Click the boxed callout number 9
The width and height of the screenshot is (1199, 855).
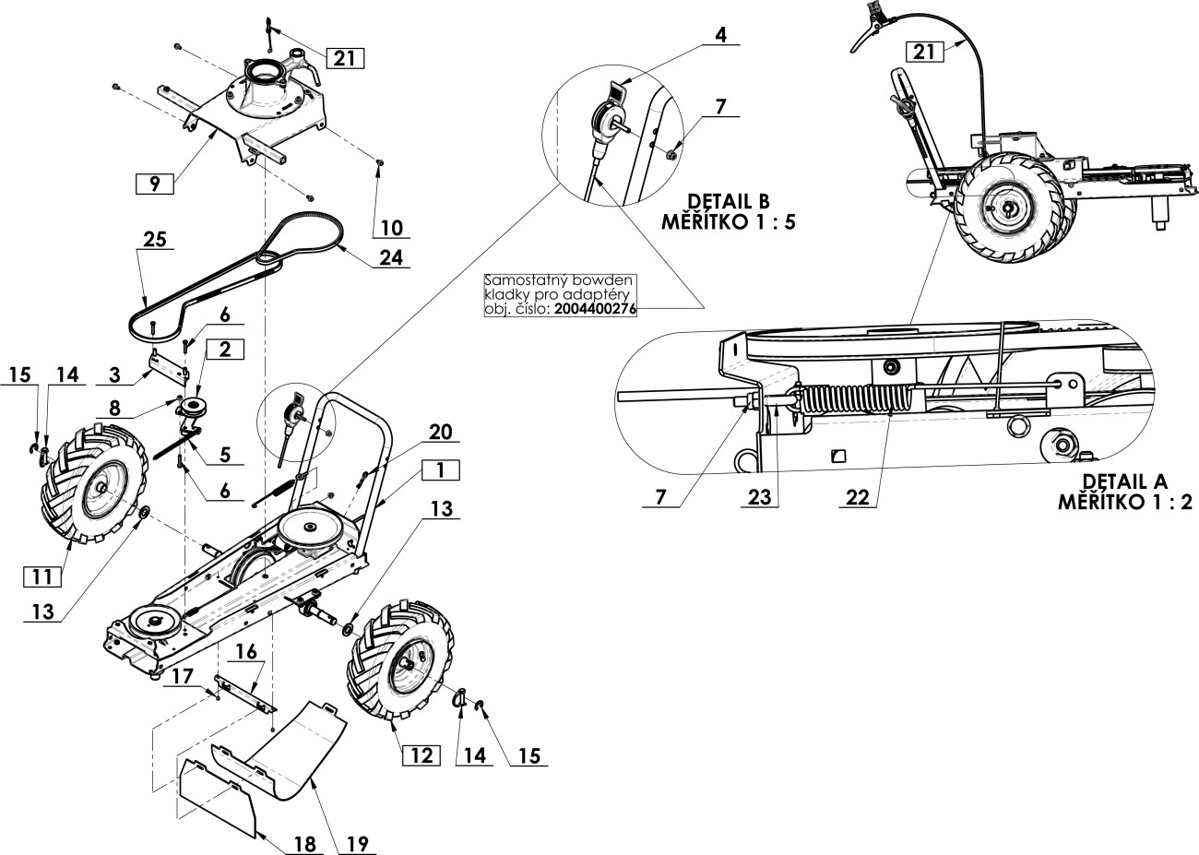point(155,184)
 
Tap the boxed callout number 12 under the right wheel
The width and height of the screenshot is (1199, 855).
point(420,754)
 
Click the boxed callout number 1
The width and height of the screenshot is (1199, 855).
point(441,469)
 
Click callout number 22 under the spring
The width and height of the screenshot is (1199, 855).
point(855,497)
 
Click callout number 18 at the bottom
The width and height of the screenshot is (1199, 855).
point(303,844)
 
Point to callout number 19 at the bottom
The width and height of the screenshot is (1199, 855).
point(355,844)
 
